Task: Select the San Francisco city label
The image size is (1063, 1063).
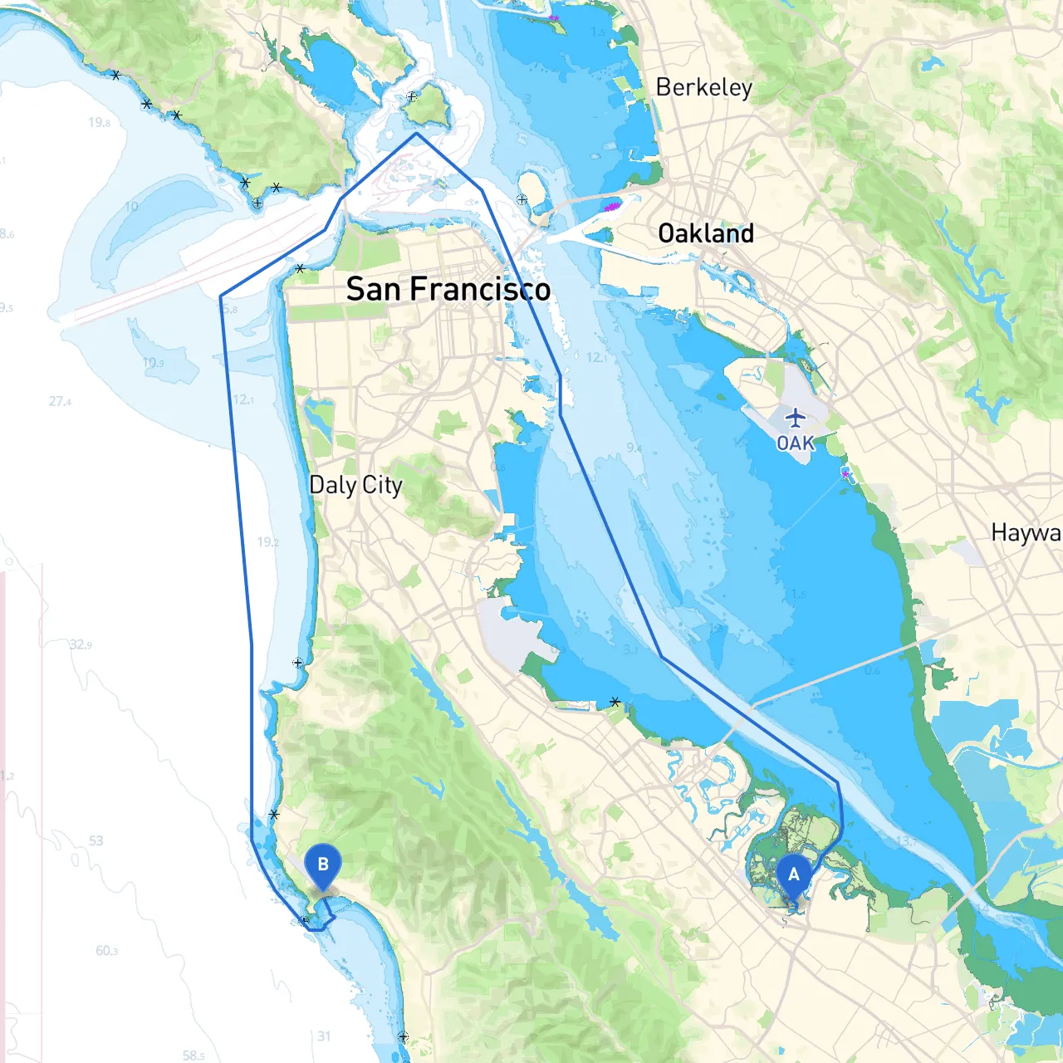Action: coord(448,289)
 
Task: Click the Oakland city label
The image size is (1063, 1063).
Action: coord(706,233)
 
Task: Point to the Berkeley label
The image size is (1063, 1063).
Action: coord(703,87)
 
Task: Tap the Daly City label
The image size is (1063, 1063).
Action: coord(355,485)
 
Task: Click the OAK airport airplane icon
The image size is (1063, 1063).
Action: coord(796,417)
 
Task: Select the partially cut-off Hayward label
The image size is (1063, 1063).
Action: coord(1026,532)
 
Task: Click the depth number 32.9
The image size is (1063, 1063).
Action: coord(81,644)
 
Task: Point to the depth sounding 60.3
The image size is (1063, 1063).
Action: coord(106,951)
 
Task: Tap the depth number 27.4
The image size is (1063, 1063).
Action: coord(60,401)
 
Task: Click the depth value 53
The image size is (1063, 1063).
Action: coord(96,840)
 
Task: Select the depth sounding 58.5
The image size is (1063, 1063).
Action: coord(193,1056)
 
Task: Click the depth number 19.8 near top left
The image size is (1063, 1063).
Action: coord(99,122)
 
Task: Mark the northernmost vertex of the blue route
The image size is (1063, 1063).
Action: coord(416,133)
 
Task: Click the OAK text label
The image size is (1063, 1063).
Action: coord(796,443)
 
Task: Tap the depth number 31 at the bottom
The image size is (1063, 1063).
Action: coord(324,1036)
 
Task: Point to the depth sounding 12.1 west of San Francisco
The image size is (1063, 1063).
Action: coord(243,399)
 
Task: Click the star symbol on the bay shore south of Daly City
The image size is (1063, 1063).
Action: coord(615,703)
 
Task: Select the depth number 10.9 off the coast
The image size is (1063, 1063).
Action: coord(153,363)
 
